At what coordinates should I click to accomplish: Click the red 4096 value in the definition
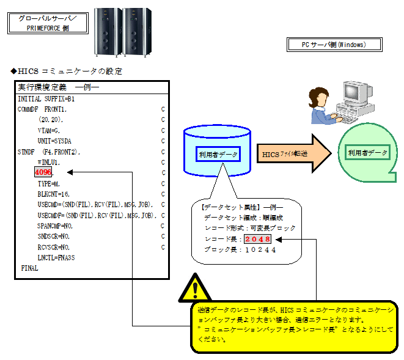coord(43,173)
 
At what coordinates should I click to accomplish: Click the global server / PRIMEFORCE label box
coord(48,23)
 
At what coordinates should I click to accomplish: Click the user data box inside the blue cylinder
coord(218,154)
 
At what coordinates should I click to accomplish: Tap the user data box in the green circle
coord(367,153)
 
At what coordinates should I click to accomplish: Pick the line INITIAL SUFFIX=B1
coord(46,98)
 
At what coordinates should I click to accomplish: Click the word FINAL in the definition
coord(29,268)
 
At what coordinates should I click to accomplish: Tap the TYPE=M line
coord(49,183)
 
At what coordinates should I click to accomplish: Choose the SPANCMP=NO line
coord(56,226)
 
